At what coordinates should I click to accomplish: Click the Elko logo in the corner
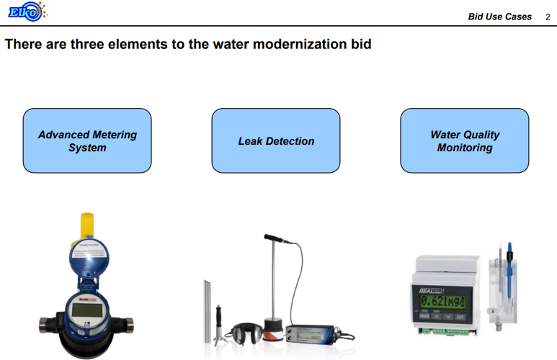click(x=25, y=12)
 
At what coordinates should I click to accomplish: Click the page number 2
click(x=548, y=17)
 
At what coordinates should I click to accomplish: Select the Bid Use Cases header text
click(x=499, y=17)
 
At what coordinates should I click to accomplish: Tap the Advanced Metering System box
click(x=87, y=141)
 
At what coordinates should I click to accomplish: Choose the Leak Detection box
click(x=276, y=141)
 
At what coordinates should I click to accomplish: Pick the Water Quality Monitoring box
click(x=465, y=141)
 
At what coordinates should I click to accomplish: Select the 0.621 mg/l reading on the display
click(x=444, y=302)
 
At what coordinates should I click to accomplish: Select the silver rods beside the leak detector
click(x=207, y=310)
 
